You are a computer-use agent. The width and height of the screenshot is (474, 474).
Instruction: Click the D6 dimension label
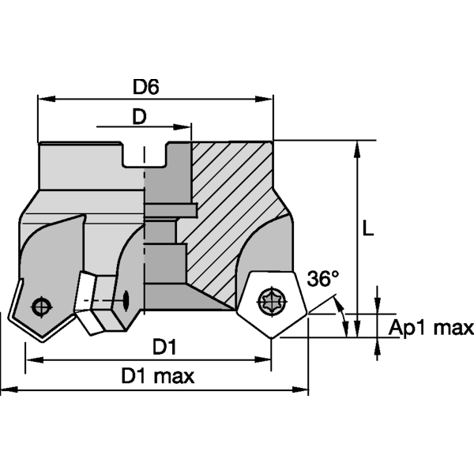click(x=146, y=87)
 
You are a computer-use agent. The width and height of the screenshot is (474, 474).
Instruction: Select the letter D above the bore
click(x=139, y=116)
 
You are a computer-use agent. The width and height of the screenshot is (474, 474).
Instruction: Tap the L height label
click(x=368, y=228)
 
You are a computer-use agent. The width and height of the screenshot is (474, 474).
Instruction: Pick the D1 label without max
click(x=164, y=346)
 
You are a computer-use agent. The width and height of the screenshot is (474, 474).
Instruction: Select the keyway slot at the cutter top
click(x=145, y=155)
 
